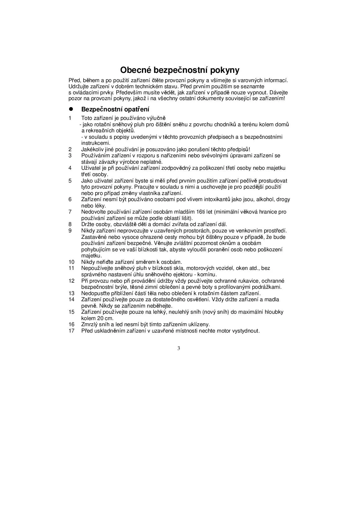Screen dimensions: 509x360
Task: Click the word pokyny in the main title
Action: pos(225,71)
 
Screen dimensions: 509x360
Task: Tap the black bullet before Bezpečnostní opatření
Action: pos(70,109)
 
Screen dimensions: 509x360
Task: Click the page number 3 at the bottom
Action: pos(179,348)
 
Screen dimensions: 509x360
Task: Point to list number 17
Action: pos(71,331)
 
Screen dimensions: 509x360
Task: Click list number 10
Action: pos(71,262)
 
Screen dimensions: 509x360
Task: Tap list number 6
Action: pos(70,199)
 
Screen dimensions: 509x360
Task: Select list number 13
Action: pos(71,293)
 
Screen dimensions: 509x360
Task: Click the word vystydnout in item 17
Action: pos(246,331)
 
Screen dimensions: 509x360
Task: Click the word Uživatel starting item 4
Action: pos(90,168)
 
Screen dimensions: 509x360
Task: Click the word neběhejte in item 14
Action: pos(160,306)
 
